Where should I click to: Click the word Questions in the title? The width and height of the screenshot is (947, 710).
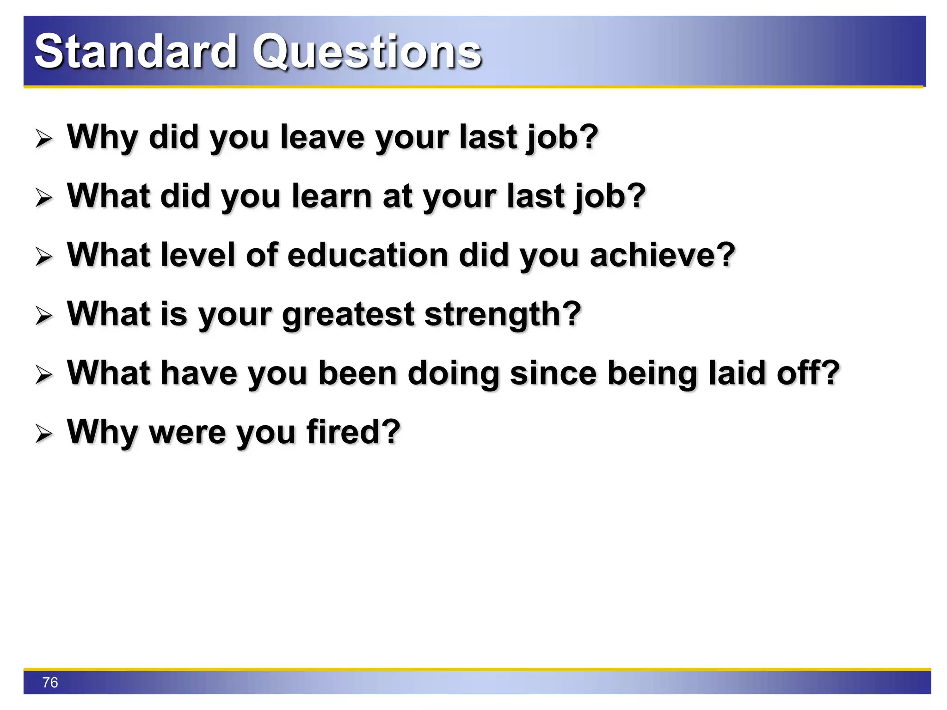click(x=367, y=52)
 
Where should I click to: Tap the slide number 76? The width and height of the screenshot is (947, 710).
click(x=50, y=682)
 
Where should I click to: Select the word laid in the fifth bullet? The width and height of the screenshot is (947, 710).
click(x=737, y=373)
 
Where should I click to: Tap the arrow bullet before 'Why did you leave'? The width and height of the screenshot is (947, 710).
click(x=44, y=139)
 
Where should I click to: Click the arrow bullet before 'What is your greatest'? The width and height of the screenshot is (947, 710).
click(x=44, y=316)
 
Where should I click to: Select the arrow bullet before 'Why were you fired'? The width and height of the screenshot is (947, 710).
click(x=44, y=434)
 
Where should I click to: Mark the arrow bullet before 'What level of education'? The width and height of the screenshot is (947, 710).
click(x=44, y=257)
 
